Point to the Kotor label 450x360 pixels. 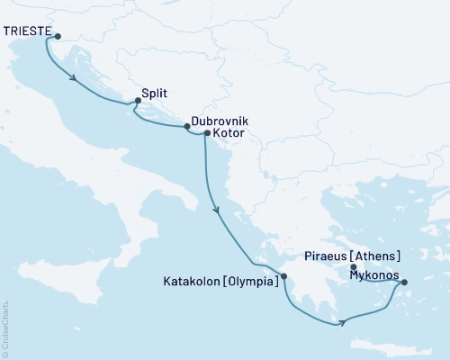(x=229, y=133)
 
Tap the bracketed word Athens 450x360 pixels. (x=379, y=256)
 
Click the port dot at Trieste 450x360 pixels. (x=58, y=37)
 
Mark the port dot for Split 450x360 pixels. (x=137, y=101)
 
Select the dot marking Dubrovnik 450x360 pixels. (x=188, y=127)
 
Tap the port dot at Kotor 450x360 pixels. (x=207, y=134)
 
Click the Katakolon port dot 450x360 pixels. (x=283, y=276)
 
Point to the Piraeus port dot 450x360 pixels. (x=353, y=265)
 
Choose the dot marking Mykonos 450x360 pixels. (x=403, y=283)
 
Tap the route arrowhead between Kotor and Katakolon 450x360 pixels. (x=216, y=210)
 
